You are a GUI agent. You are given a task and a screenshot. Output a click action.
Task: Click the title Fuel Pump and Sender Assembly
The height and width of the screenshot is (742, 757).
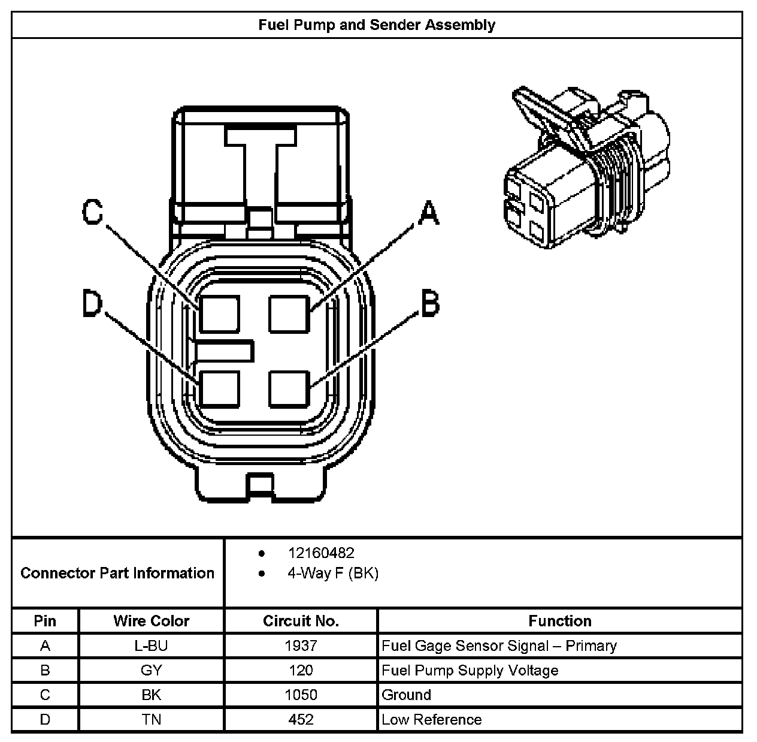click(x=377, y=25)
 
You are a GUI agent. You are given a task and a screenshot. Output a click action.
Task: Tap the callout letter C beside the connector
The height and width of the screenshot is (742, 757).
click(x=93, y=212)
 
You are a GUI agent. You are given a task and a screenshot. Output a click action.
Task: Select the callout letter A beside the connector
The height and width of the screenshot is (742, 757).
click(x=428, y=213)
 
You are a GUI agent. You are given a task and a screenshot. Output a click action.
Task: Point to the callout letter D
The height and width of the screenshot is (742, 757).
click(x=93, y=304)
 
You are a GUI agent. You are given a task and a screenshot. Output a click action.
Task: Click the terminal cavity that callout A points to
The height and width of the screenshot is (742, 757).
click(x=289, y=313)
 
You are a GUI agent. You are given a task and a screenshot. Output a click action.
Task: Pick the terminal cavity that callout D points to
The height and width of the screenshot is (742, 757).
click(x=219, y=388)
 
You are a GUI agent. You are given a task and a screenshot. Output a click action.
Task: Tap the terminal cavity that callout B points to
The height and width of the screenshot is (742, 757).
click(x=289, y=388)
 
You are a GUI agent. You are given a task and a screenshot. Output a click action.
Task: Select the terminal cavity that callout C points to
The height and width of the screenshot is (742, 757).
click(x=219, y=313)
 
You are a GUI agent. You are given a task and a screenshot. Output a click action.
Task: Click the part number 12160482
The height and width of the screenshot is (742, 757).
click(x=321, y=553)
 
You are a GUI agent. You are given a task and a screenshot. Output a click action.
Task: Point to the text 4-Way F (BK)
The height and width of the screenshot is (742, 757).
click(x=333, y=573)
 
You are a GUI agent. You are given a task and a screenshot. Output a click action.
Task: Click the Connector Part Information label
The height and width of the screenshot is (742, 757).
click(x=117, y=573)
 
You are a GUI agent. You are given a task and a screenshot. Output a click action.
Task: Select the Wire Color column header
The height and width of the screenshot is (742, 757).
click(x=152, y=621)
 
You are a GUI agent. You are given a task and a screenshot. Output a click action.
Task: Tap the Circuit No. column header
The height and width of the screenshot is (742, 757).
click(x=301, y=621)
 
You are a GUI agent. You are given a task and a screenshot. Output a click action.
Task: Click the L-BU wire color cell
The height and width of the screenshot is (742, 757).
click(x=152, y=646)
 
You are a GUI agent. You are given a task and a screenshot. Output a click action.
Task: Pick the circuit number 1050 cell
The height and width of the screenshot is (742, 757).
click(x=301, y=695)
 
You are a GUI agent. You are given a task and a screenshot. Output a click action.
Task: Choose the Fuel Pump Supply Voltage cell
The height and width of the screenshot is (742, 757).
click(x=470, y=670)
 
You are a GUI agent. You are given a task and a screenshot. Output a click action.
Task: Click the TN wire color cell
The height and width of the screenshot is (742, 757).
click(x=152, y=719)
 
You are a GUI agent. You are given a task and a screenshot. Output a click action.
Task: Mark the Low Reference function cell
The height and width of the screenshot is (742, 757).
click(x=432, y=719)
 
